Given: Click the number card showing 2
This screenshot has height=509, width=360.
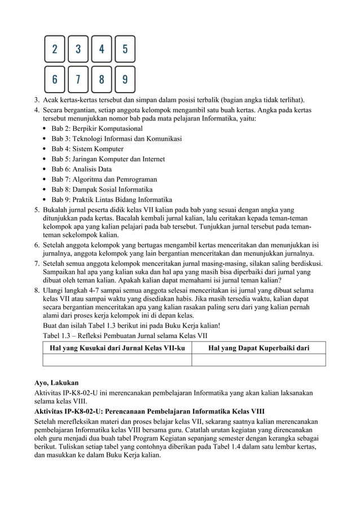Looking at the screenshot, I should pyautogui.click(x=54, y=49).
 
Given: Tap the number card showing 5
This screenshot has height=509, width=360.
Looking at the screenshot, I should pyautogui.click(x=125, y=49).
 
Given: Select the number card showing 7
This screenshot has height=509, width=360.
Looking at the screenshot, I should pyautogui.click(x=78, y=80).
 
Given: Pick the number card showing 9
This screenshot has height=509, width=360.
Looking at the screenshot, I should pyautogui.click(x=125, y=80).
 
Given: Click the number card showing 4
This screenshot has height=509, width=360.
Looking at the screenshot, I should pyautogui.click(x=102, y=49).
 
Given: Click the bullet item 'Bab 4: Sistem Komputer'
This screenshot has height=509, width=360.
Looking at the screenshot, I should pyautogui.click(x=87, y=149).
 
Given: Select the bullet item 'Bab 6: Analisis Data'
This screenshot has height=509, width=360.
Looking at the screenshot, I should pyautogui.click(x=81, y=169).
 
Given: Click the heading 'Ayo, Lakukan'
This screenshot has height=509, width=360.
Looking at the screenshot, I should pyautogui.click(x=56, y=382).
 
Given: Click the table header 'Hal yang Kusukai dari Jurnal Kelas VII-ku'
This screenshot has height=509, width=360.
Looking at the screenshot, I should pyautogui.click(x=117, y=348).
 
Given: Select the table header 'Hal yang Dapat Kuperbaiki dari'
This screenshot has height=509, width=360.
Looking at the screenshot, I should pyautogui.click(x=258, y=348).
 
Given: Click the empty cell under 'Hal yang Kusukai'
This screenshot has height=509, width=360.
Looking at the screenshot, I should pyautogui.click(x=117, y=360).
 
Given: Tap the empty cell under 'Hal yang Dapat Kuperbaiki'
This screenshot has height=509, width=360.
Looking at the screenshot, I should pyautogui.click(x=258, y=360).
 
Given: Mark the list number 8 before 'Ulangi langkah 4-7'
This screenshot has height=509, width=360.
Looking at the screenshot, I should pyautogui.click(x=37, y=291).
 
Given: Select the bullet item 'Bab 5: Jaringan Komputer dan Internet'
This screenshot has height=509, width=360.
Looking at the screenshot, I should pyautogui.click(x=108, y=159).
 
